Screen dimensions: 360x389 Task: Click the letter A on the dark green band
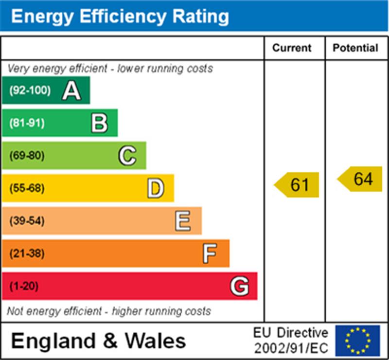pyautogui.click(x=71, y=90)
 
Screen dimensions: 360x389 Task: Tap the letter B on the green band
pyautogui.click(x=99, y=123)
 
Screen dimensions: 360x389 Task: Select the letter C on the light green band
pyautogui.click(x=127, y=156)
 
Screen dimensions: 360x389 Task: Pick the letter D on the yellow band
pyautogui.click(x=156, y=188)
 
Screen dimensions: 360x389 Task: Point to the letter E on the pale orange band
pyautogui.click(x=183, y=221)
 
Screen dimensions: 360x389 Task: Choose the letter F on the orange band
pyautogui.click(x=210, y=253)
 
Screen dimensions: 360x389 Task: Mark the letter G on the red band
pyautogui.click(x=239, y=286)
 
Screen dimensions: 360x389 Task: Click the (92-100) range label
pyautogui.click(x=30, y=90)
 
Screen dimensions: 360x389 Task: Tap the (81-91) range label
pyautogui.click(x=27, y=123)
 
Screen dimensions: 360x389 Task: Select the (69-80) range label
pyautogui.click(x=27, y=156)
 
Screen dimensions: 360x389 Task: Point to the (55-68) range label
pyautogui.click(x=27, y=188)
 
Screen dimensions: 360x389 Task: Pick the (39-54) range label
pyautogui.click(x=27, y=221)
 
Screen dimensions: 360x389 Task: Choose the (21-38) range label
pyautogui.click(x=27, y=253)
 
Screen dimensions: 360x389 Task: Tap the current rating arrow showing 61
pyautogui.click(x=298, y=185)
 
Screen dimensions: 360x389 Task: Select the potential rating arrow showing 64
pyautogui.click(x=361, y=179)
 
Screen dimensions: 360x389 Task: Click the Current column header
pyautogui.click(x=292, y=48)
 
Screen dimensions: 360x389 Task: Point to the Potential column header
pyautogui.click(x=355, y=48)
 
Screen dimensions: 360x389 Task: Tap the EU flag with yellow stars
pyautogui.click(x=357, y=341)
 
